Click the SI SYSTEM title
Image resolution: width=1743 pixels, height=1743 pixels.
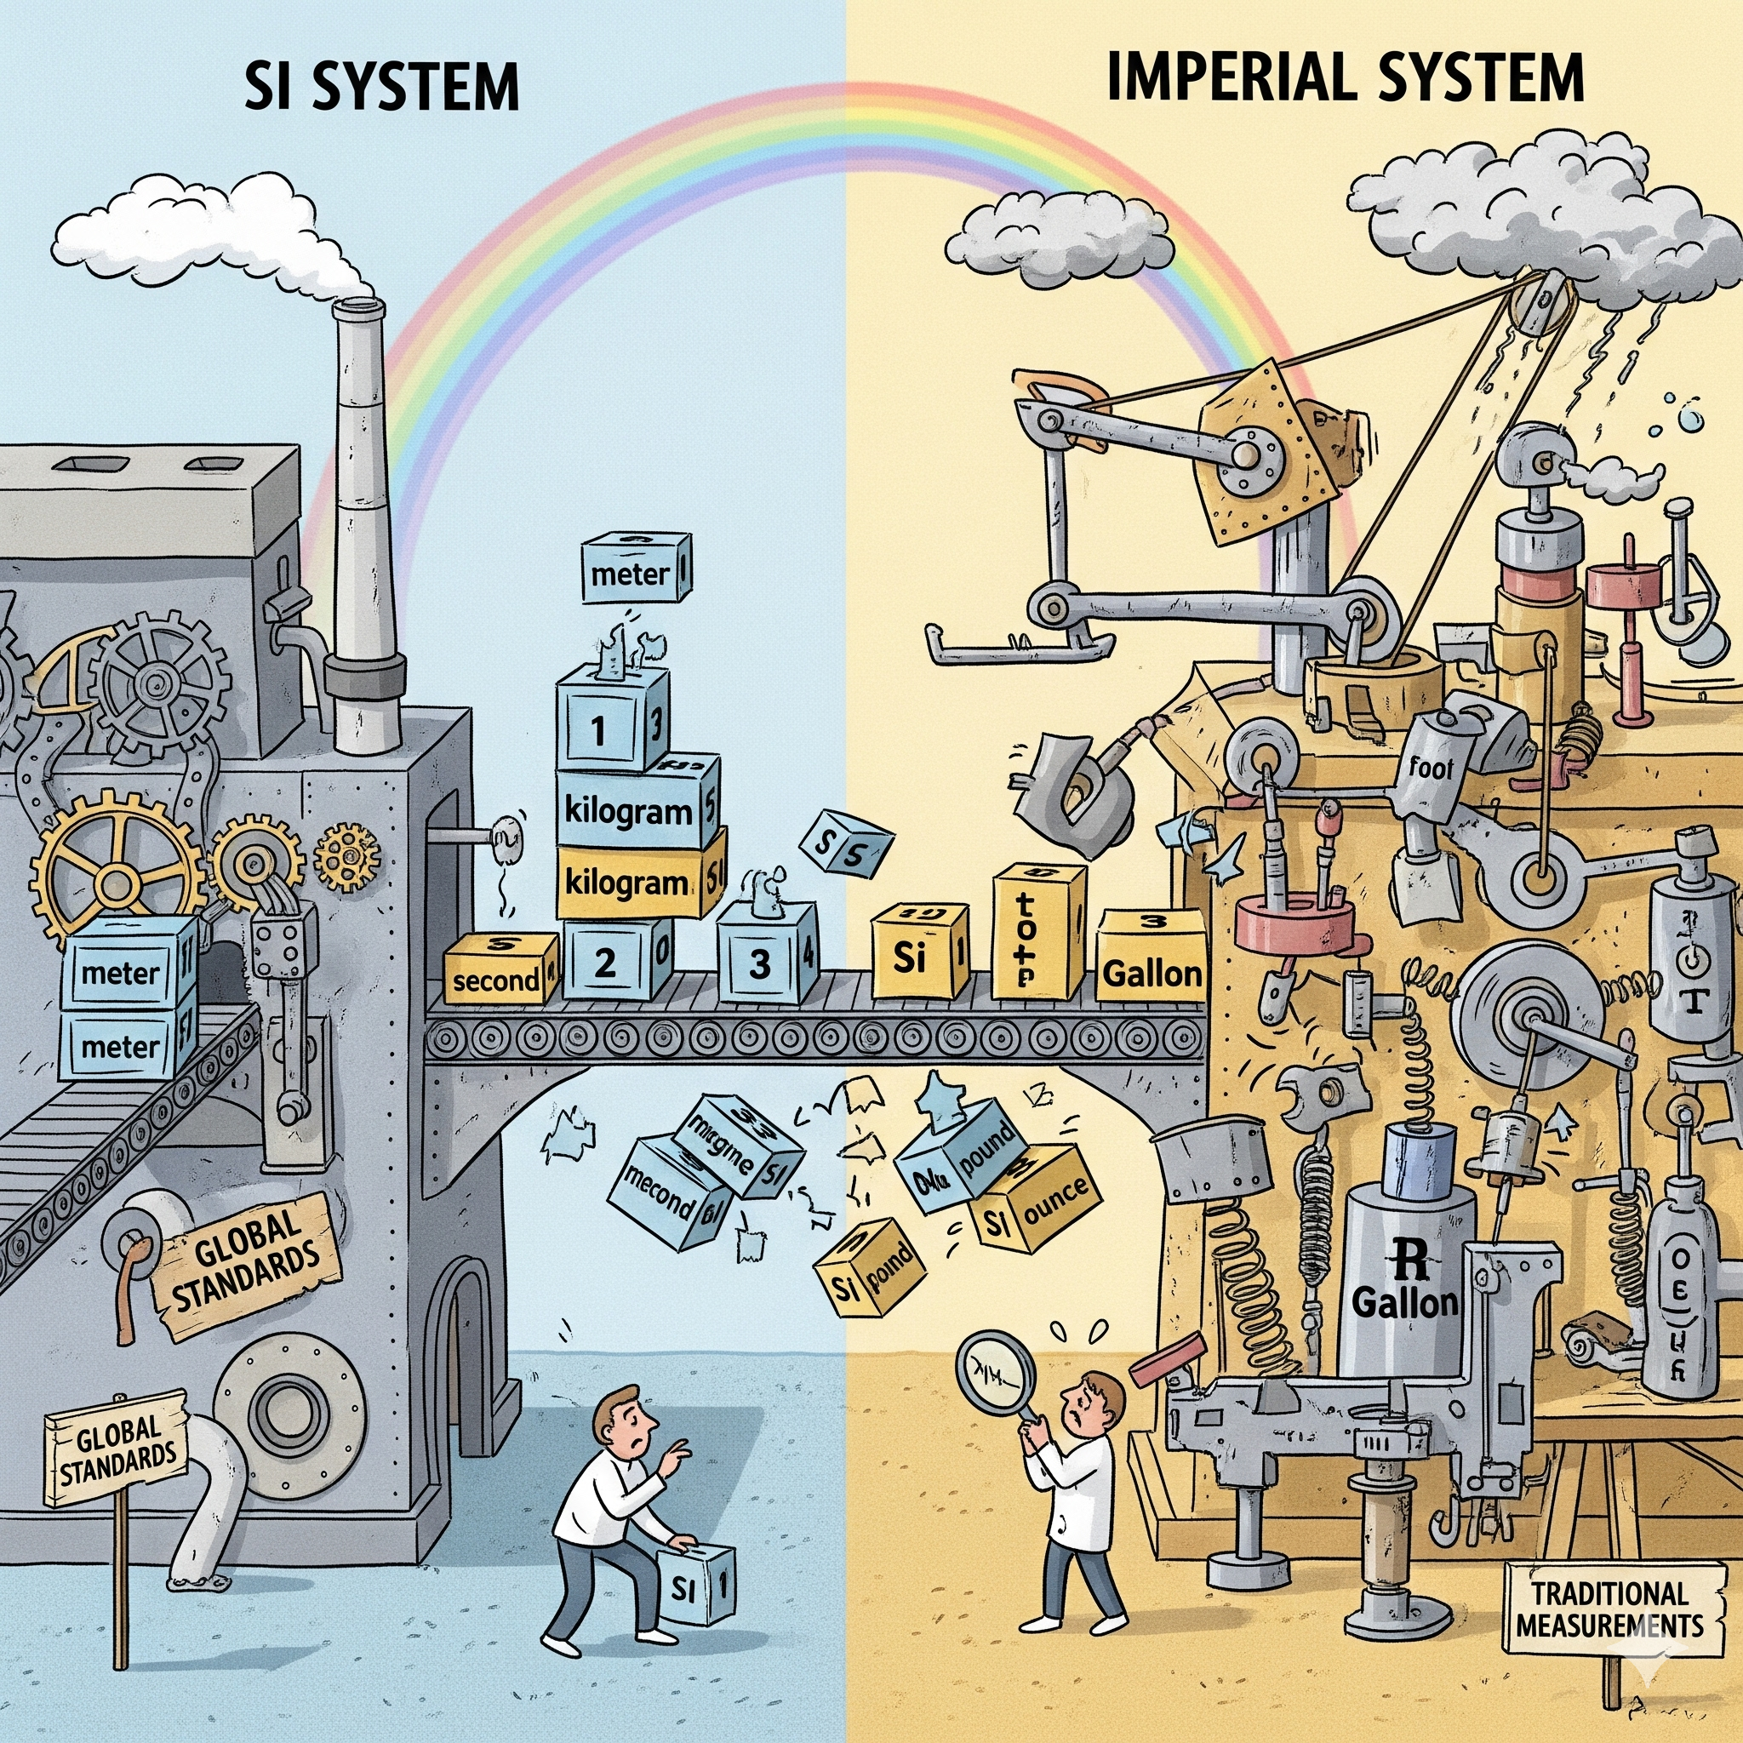click(382, 88)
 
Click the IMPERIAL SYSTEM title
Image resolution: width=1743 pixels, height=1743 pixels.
click(1344, 77)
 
